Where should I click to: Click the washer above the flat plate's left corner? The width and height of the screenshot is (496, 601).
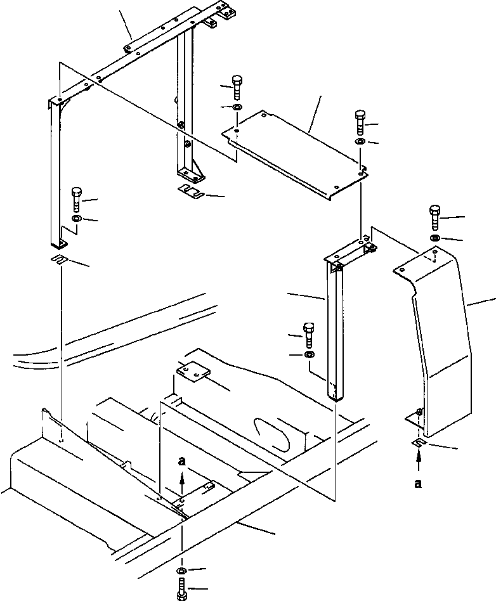click(x=236, y=108)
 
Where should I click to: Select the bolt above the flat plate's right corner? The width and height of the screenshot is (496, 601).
click(x=360, y=120)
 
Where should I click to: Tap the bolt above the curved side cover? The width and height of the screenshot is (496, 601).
click(x=435, y=217)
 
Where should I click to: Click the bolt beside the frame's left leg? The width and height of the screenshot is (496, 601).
click(x=77, y=199)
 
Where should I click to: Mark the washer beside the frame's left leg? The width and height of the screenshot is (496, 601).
click(x=77, y=219)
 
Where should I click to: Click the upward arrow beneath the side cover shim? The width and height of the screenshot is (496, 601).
click(x=417, y=460)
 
